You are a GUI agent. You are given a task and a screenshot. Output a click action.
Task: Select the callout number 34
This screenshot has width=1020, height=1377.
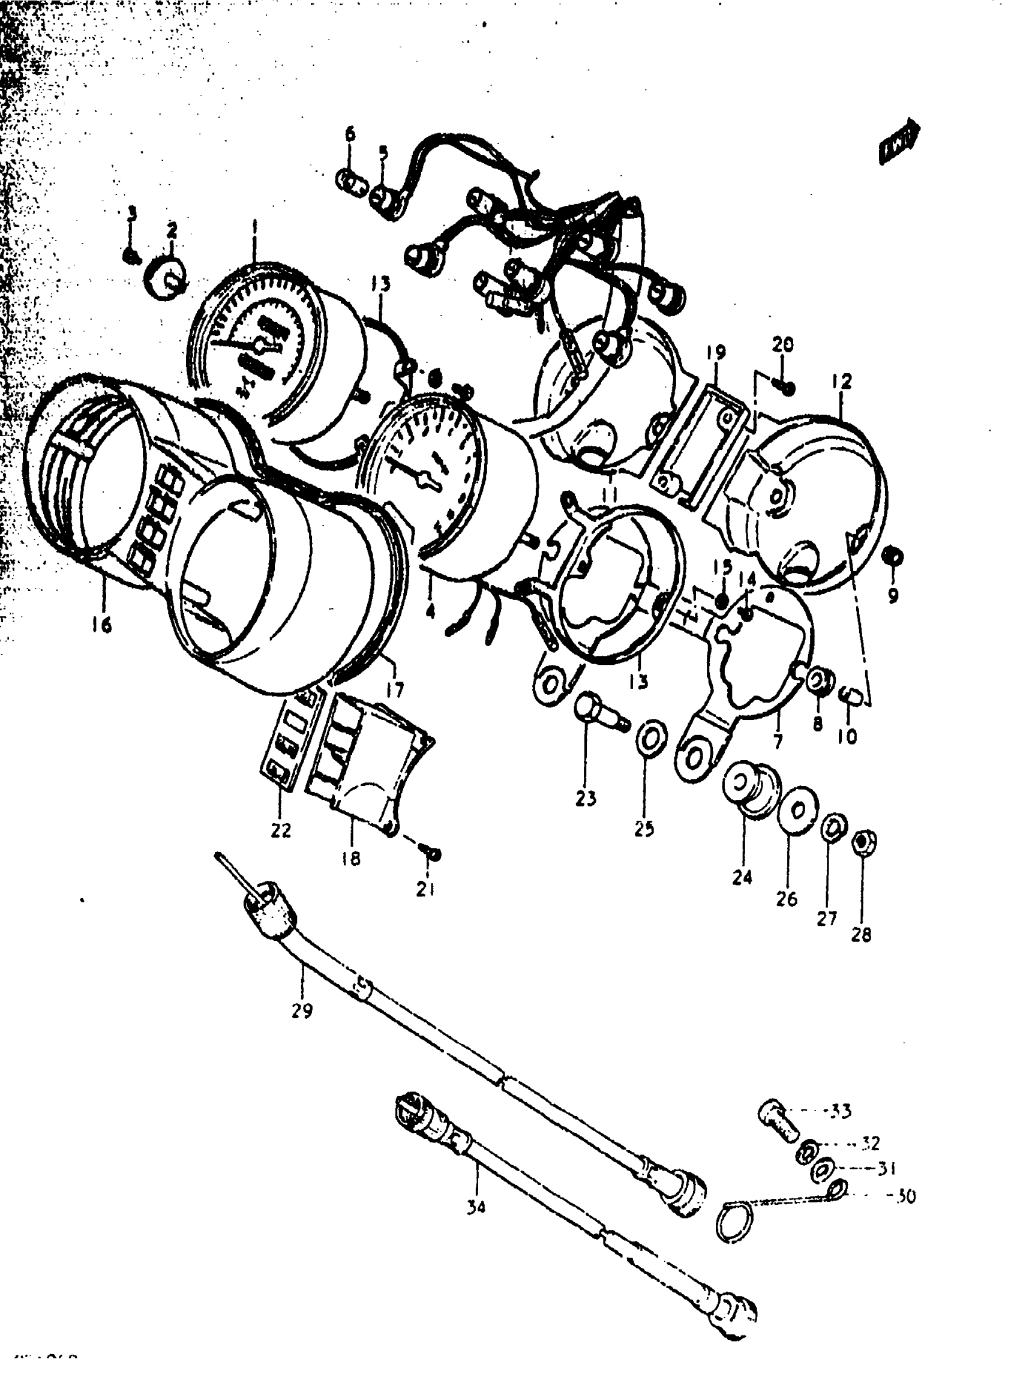click(476, 1206)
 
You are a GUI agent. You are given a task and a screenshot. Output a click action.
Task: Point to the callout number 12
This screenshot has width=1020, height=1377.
click(842, 381)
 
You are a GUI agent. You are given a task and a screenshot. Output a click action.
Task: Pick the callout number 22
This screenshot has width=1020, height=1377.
click(281, 830)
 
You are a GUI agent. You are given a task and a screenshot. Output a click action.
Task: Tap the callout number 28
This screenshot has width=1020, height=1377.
click(862, 935)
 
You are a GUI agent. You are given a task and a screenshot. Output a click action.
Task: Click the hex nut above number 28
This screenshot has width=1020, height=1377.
click(864, 843)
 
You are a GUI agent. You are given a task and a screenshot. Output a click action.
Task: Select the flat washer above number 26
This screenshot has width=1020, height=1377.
click(798, 809)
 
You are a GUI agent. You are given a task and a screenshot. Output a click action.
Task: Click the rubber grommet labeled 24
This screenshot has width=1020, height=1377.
click(749, 788)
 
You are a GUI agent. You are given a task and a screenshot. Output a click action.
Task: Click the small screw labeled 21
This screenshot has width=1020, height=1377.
click(431, 854)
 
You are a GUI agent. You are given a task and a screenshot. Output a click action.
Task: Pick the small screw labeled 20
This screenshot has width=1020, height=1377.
click(786, 388)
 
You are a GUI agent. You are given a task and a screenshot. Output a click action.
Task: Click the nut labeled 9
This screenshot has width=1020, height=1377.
click(893, 557)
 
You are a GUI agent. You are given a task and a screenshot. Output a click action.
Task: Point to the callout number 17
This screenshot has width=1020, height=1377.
click(395, 689)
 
